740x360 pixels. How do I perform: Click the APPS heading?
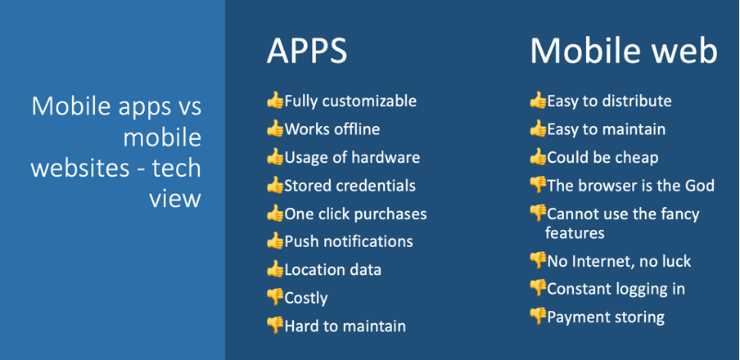pos(307,51)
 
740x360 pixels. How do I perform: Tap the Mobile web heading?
pos(624,51)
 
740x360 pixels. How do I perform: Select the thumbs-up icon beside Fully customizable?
pos(275,100)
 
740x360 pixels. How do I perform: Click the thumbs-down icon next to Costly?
pos(275,297)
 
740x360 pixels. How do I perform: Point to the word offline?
pos(357,128)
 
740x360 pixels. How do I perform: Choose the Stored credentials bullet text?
pos(350,186)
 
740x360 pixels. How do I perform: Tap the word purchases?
pos(390,214)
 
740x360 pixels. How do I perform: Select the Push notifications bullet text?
pos(349,241)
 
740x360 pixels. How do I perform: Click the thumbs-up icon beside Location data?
pos(275,269)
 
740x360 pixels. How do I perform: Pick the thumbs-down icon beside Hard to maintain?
pos(275,325)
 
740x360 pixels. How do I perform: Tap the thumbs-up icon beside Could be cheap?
pos(538,156)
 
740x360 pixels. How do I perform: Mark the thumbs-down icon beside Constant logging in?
pos(538,288)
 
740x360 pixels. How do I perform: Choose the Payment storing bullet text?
pos(606,317)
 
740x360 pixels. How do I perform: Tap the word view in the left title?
pos(175,199)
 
